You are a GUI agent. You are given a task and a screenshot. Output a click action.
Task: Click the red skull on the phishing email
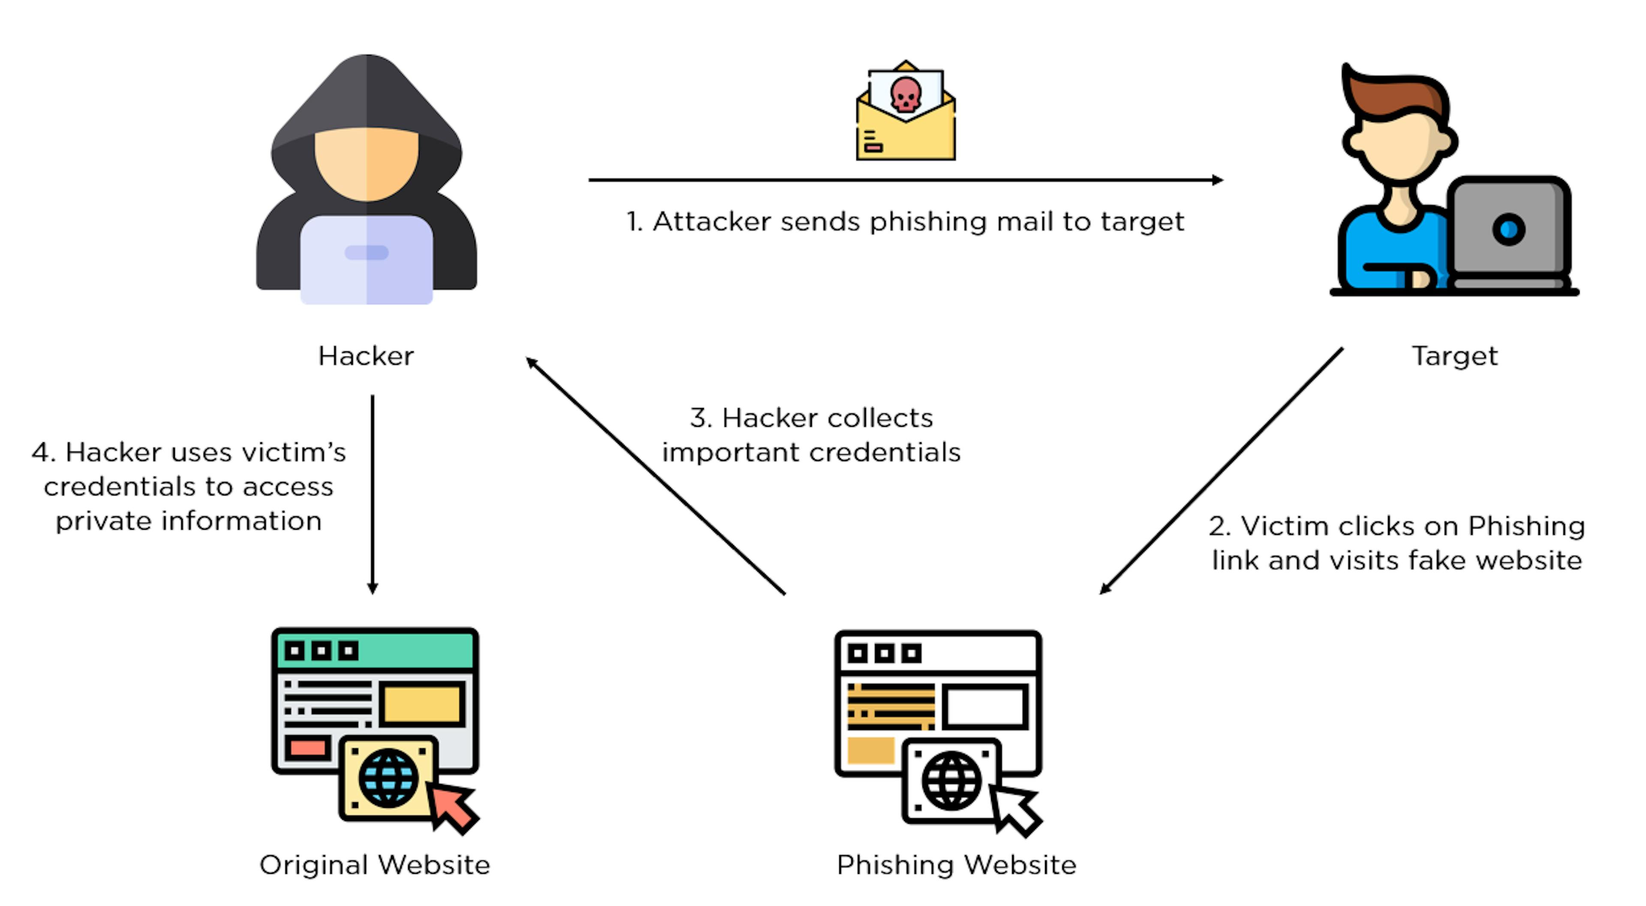(x=905, y=95)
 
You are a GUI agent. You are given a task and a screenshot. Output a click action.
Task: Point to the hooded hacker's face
(x=366, y=163)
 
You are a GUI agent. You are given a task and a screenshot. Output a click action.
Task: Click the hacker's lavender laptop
(x=366, y=259)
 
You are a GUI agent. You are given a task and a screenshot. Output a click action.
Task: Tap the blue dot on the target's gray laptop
(x=1509, y=229)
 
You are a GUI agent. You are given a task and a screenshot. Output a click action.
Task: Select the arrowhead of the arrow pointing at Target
(x=1217, y=180)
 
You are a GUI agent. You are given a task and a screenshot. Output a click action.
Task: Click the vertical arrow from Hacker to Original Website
(x=372, y=492)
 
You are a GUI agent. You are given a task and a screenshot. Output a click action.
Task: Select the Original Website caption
(x=375, y=865)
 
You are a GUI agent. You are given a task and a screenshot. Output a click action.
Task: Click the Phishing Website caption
(x=957, y=865)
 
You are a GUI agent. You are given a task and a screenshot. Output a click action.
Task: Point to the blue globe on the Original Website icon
(x=388, y=777)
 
